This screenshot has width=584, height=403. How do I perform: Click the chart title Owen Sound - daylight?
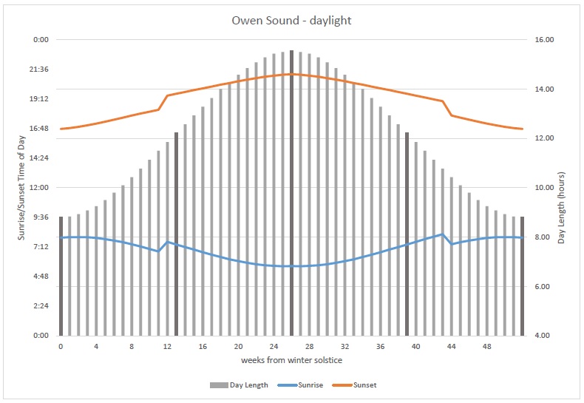(x=291, y=21)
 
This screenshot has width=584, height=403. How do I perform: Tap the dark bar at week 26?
(x=292, y=192)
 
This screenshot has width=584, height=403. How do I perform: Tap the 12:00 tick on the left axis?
(x=38, y=188)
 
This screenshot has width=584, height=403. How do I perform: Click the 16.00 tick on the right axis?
(x=545, y=40)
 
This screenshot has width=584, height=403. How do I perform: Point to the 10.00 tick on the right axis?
(x=545, y=188)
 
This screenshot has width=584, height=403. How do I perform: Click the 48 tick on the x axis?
(x=486, y=346)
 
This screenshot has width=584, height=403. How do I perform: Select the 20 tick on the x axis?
(x=238, y=346)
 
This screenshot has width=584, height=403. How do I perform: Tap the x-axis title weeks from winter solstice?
(x=291, y=360)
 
